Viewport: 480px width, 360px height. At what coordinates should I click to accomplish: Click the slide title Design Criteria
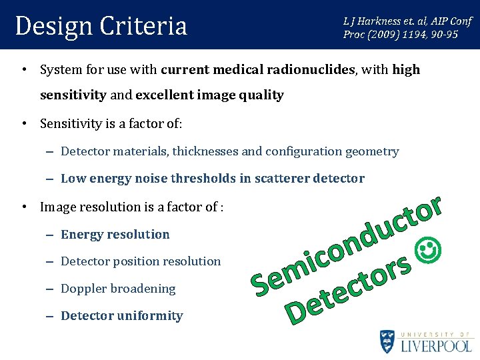pyautogui.click(x=101, y=26)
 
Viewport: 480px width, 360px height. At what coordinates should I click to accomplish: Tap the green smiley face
pyautogui.click(x=428, y=251)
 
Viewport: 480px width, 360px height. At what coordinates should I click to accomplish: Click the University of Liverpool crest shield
pyautogui.click(x=387, y=341)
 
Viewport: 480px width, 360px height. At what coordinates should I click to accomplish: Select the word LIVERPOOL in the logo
pyautogui.click(x=437, y=346)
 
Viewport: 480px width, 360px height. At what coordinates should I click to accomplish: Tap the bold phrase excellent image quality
pyautogui.click(x=209, y=95)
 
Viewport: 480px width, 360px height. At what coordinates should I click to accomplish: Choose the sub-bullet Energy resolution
pyautogui.click(x=115, y=234)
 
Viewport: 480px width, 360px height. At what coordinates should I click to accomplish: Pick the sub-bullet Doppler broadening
pyautogui.click(x=118, y=289)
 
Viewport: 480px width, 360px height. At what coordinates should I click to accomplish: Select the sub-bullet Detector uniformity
pyautogui.click(x=121, y=315)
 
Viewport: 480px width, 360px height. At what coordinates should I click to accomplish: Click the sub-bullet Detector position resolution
pyautogui.click(x=140, y=261)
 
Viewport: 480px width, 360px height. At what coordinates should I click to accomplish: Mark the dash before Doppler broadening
pyautogui.click(x=51, y=289)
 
